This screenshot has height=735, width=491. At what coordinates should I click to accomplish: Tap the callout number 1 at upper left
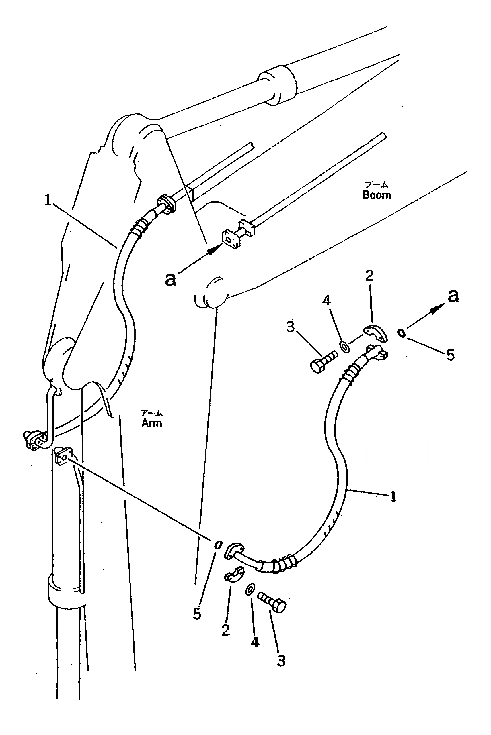pos(48,200)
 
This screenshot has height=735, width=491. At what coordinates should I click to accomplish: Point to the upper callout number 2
pos(369,276)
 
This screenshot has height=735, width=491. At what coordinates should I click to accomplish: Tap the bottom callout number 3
pos(281,661)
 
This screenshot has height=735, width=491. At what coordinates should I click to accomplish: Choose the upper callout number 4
pos(326,300)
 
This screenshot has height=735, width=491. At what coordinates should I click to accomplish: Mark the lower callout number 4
pos(255,642)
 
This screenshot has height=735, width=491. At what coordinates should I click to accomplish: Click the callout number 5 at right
pos(450,355)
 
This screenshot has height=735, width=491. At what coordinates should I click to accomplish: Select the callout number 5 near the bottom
pos(197,614)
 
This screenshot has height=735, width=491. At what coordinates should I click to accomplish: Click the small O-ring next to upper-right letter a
pos(402,333)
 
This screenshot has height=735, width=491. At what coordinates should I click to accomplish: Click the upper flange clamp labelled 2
pos(375,333)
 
